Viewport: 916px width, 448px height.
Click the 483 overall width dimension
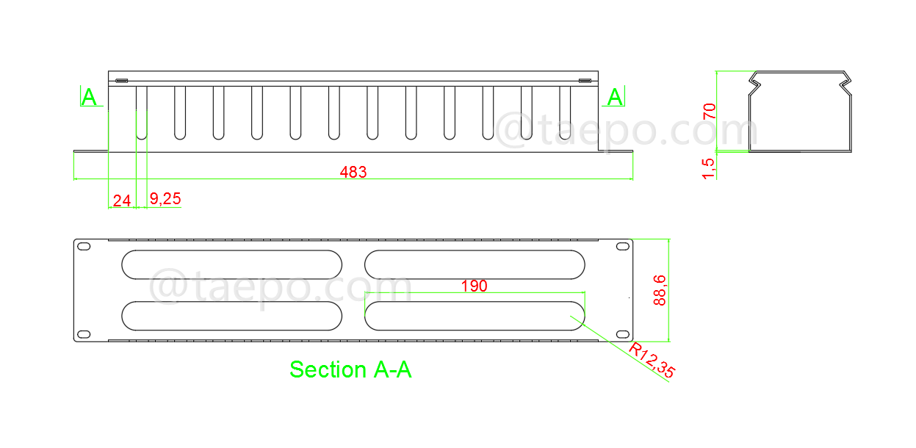353,172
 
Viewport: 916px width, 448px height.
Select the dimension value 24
121,199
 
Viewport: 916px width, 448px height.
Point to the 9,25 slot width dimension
165,198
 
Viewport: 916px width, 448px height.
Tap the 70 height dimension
710,112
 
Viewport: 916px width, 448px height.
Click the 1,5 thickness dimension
710,167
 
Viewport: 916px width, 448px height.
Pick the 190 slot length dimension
474,286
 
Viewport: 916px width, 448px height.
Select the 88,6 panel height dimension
660,289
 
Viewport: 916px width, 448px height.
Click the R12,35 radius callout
651,361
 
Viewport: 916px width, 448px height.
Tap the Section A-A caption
350,369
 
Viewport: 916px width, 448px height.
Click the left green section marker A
89,97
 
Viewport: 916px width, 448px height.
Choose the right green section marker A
615,97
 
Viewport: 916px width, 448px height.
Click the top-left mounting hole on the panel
84,247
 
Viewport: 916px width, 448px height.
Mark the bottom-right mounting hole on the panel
622,334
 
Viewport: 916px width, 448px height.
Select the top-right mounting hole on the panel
622,247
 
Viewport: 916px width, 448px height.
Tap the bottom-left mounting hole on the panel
84,334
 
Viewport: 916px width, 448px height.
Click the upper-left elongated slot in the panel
231,264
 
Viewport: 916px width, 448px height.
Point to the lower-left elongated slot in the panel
231,315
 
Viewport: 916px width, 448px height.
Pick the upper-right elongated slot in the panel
475,264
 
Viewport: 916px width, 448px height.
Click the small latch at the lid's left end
121,81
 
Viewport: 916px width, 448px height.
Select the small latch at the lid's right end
585,81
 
